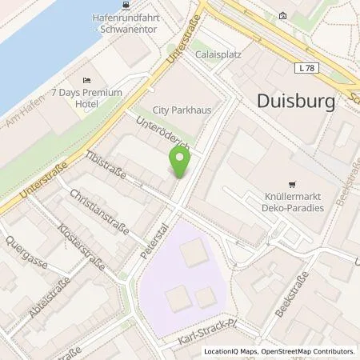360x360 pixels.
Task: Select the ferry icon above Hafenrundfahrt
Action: pos(126,5)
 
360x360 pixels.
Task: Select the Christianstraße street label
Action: pos(100,211)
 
